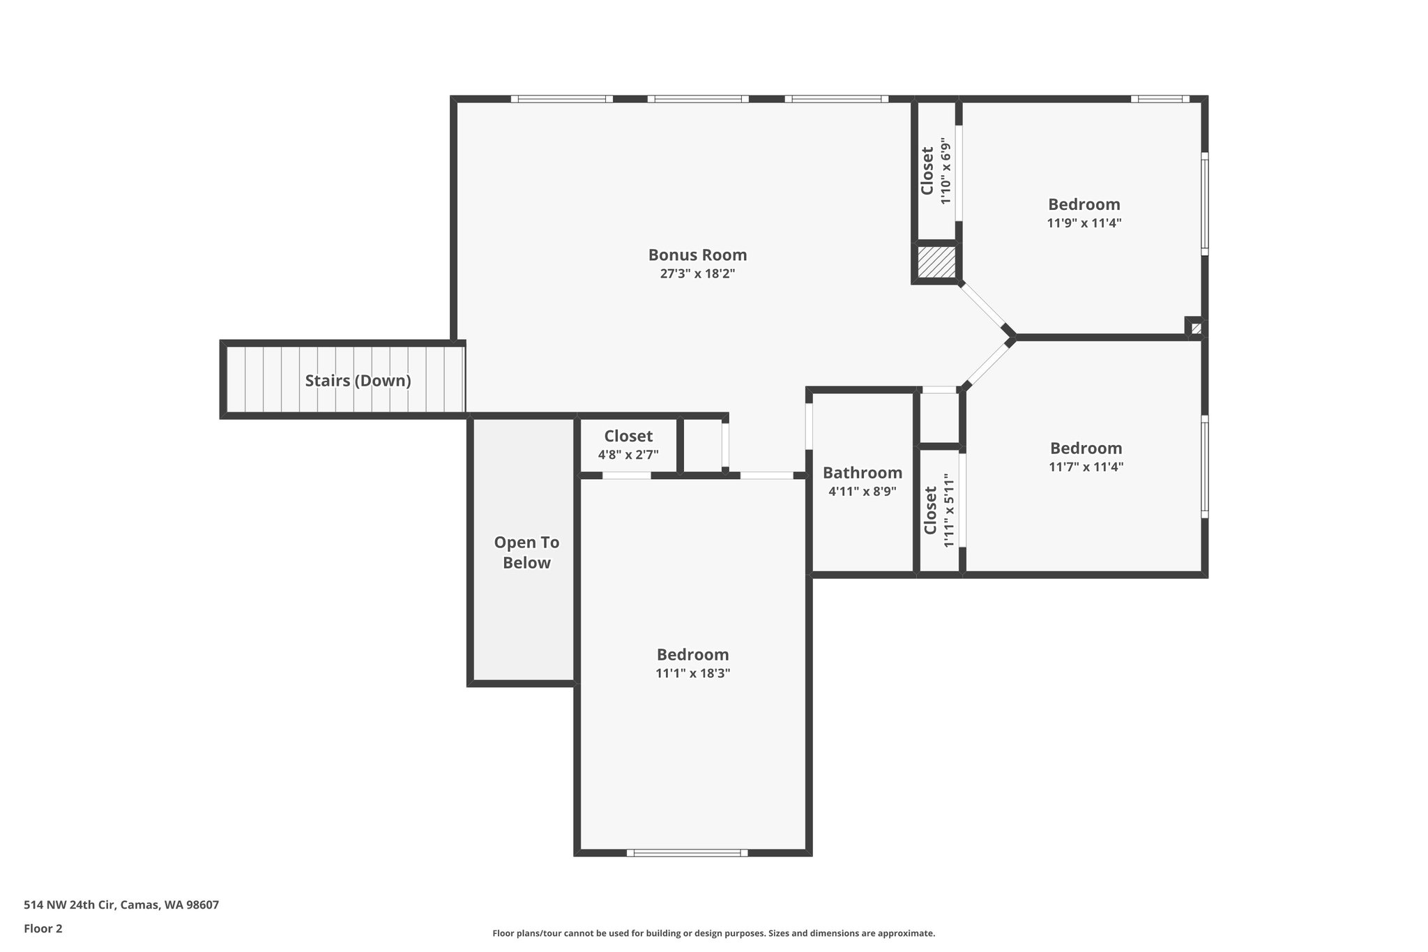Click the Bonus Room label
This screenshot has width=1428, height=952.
[x=697, y=255]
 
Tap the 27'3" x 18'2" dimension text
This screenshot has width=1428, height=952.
[x=697, y=274]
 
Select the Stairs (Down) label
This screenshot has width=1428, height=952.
[x=358, y=381]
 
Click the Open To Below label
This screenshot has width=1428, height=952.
[x=526, y=552]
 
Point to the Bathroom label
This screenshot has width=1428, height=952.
[x=862, y=473]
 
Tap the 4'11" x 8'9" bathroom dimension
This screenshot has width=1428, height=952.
[x=862, y=491]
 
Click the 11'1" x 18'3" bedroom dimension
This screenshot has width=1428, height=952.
[x=692, y=674]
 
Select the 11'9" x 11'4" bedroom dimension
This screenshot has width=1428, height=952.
[x=1084, y=223]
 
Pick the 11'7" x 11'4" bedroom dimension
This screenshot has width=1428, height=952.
[x=1086, y=467]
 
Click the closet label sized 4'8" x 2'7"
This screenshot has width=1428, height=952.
[x=628, y=437]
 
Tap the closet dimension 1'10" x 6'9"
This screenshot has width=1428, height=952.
[x=945, y=171]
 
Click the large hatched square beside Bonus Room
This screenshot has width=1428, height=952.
[x=936, y=262]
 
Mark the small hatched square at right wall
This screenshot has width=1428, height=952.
[x=1197, y=328]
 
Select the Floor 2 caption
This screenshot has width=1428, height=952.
[x=43, y=928]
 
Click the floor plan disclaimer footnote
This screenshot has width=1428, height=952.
[x=713, y=933]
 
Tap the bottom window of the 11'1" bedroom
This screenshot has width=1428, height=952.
[x=687, y=852]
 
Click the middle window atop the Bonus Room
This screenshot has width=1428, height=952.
[x=698, y=99]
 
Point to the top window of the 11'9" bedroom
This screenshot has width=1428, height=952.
[x=1160, y=99]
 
